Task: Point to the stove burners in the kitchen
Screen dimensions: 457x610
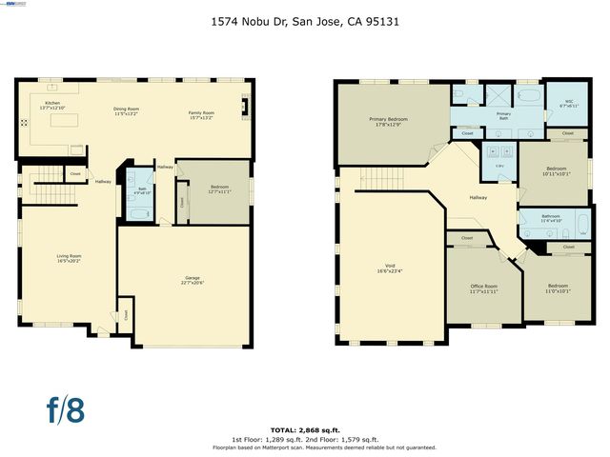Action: click(24, 122)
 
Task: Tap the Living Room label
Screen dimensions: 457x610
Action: click(68, 257)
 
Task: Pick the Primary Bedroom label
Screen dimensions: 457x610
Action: click(389, 121)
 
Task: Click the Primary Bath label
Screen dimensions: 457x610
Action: click(503, 115)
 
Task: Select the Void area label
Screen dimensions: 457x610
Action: click(388, 269)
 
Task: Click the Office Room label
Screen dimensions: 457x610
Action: click(484, 288)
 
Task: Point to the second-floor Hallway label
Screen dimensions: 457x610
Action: click(479, 197)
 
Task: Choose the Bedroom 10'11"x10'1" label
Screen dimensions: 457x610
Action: click(556, 171)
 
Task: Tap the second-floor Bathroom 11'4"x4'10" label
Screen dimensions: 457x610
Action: click(551, 219)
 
